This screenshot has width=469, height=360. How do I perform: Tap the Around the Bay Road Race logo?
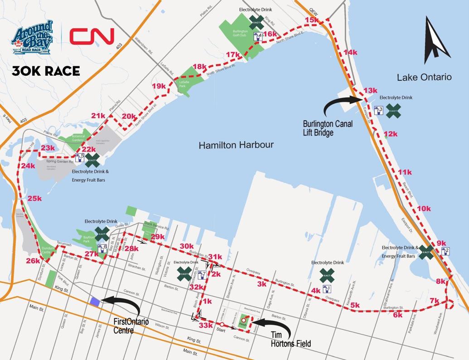(32, 38)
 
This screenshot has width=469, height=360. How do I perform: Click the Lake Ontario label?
(424, 77)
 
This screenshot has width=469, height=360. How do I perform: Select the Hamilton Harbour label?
(236, 145)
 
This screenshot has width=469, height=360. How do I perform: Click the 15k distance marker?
(312, 20)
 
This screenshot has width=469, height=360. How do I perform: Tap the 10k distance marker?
(424, 209)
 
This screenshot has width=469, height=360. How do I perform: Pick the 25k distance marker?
(34, 199)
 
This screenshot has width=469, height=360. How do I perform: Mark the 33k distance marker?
(206, 325)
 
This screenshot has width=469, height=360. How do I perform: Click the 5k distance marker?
(355, 305)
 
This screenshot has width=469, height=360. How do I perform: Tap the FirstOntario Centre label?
(131, 326)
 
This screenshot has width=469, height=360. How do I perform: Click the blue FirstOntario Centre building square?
(95, 302)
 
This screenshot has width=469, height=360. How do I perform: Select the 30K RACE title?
(46, 71)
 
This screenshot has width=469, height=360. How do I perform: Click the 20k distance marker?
(129, 117)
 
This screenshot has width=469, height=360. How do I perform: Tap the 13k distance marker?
(370, 91)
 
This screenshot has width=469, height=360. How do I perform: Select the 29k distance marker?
(158, 237)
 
